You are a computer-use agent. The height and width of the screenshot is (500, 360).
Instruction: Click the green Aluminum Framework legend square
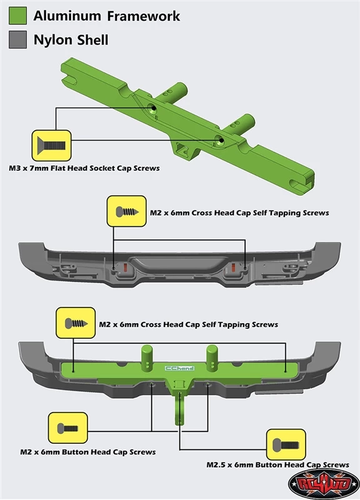[17, 16]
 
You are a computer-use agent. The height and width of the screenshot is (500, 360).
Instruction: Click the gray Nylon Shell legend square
[17, 39]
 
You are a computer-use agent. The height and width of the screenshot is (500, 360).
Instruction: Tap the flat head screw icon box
[51, 146]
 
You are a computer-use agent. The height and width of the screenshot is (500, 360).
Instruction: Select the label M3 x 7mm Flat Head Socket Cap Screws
[84, 168]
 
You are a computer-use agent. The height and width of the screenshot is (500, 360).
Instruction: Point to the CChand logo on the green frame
[180, 368]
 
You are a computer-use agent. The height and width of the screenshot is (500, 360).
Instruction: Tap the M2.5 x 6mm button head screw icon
[286, 444]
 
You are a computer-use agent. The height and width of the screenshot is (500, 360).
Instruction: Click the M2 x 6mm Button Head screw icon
[67, 428]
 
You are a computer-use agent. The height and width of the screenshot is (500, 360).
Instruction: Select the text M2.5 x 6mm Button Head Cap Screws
[277, 464]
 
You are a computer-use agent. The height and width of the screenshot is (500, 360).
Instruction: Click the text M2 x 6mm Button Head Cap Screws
[88, 452]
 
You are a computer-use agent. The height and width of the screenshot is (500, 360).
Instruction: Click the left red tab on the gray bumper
[125, 268]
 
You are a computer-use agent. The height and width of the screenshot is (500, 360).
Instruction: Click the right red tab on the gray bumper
[233, 267]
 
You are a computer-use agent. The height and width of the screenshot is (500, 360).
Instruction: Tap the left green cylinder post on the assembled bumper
[147, 358]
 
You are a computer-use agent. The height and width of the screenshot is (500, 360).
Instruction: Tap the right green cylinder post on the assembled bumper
[212, 358]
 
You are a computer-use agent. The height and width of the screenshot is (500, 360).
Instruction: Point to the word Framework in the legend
[143, 16]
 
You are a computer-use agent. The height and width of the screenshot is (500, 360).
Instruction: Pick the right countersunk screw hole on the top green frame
[220, 139]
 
